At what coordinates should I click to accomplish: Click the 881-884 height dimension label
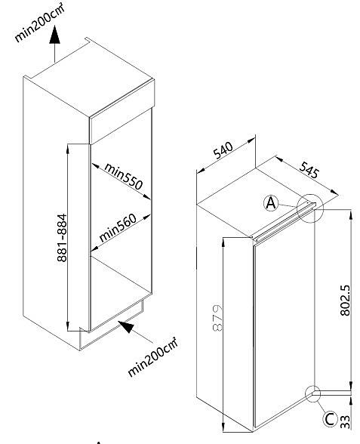coord(62,238)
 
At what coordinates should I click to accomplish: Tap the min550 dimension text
coord(123,176)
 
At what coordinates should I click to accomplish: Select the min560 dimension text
coord(118,227)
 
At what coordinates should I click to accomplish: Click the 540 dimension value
coord(223,150)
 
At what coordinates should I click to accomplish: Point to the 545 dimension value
coord(309,170)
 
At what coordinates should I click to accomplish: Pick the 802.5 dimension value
coord(345,301)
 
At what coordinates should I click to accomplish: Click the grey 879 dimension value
coord(217,318)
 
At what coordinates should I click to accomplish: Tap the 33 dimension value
coord(346,422)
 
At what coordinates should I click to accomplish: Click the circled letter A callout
coord(271,203)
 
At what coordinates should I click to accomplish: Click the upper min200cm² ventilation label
coord(39,23)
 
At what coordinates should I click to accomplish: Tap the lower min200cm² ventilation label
coord(152,357)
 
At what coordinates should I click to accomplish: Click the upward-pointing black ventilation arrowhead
coord(54,35)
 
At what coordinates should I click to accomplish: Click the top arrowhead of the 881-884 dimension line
coord(68,149)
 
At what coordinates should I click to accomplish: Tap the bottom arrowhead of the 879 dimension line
coord(223,427)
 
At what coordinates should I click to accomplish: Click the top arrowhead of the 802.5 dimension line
coord(351,214)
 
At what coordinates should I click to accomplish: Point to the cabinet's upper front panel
coord(122,112)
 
